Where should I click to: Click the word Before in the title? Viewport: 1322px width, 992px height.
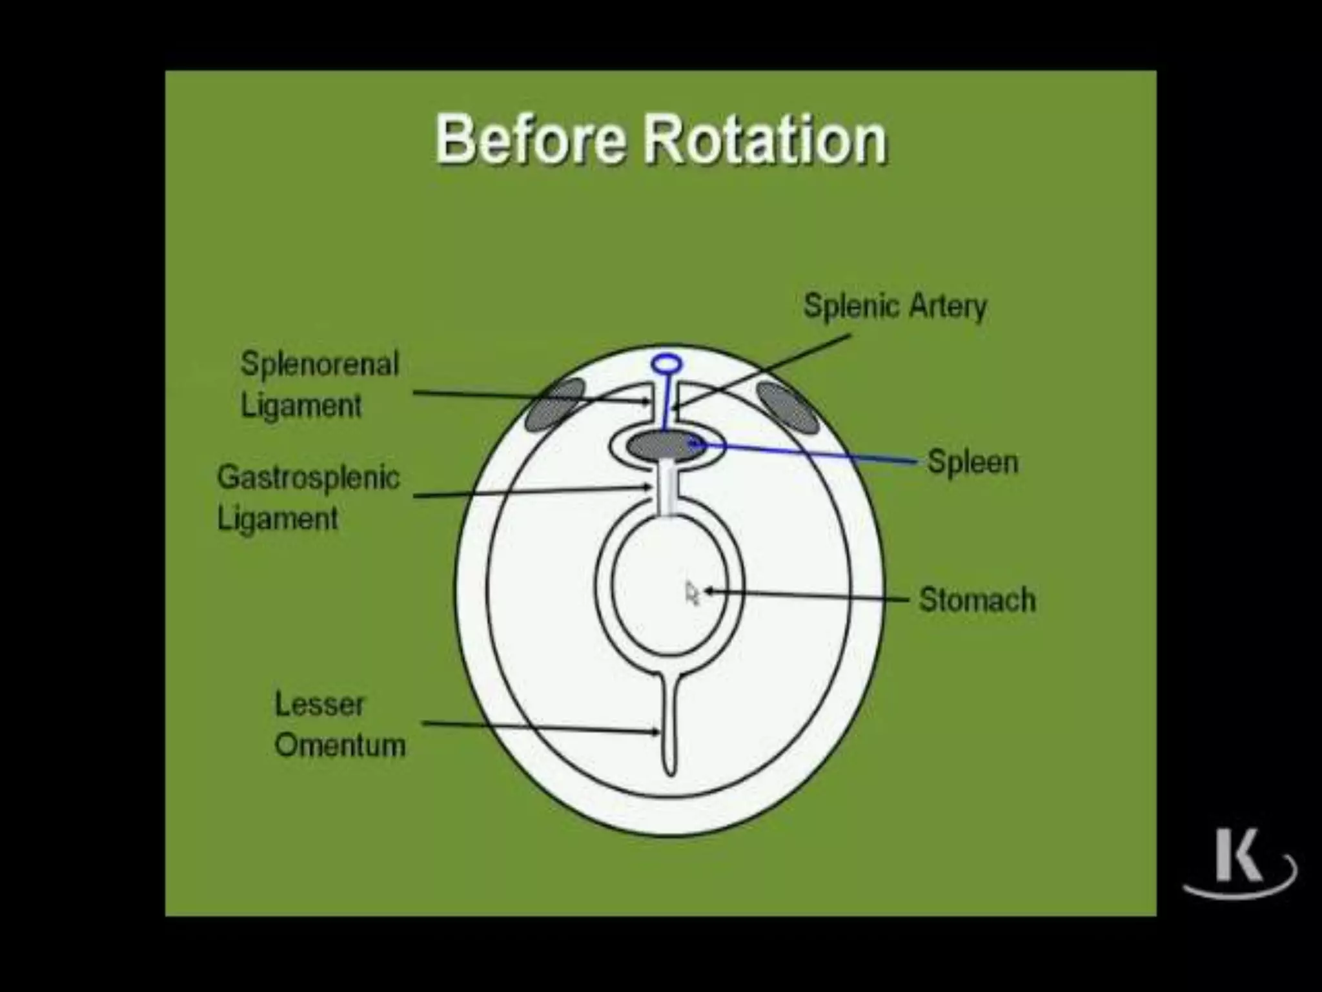coord(530,139)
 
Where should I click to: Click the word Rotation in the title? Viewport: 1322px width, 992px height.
coord(766,139)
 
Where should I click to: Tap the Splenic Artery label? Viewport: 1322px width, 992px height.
coord(895,305)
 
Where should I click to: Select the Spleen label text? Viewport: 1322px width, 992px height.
coord(972,462)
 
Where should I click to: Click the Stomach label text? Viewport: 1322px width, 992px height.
coord(977,599)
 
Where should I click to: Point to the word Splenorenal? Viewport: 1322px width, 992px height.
coord(320,364)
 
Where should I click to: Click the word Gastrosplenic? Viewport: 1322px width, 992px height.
coord(308,478)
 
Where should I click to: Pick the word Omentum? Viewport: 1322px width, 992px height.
coord(340,745)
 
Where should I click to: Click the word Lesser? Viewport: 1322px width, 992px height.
coord(320,704)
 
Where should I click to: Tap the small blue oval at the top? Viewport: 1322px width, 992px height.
coord(667,364)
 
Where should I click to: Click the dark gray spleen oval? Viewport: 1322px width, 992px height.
coord(665,446)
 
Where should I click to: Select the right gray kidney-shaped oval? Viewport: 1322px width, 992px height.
coord(787,407)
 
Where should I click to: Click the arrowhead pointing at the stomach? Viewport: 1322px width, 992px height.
coord(708,590)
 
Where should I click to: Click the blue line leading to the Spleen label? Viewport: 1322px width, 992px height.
coord(807,453)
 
